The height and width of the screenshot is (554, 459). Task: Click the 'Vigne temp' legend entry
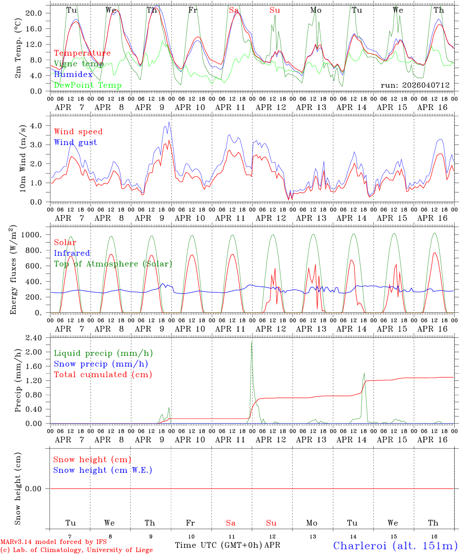(79, 64)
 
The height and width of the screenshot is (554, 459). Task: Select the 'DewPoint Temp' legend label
(88, 85)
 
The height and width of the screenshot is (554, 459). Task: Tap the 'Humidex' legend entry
(73, 75)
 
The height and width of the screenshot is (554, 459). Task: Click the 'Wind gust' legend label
(75, 142)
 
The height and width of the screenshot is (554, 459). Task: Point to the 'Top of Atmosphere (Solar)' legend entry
(113, 264)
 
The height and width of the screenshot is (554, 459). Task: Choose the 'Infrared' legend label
(72, 253)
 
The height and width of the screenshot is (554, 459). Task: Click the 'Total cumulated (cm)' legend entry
(103, 375)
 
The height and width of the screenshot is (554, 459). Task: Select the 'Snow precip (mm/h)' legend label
(101, 364)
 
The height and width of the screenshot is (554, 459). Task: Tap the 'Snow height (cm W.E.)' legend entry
(102, 470)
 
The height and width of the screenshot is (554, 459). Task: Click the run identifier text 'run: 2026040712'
(415, 85)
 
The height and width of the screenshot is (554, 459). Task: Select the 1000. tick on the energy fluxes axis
(32, 235)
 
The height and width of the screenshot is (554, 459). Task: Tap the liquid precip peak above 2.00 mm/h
(252, 342)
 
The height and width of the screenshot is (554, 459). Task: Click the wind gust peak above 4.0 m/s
(169, 123)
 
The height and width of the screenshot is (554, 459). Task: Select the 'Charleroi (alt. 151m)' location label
(395, 546)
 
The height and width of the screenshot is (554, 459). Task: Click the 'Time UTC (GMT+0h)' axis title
(218, 545)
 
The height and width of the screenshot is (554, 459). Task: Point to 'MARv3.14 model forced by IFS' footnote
(53, 542)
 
